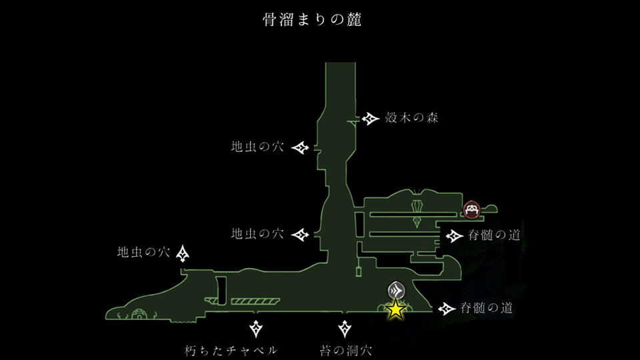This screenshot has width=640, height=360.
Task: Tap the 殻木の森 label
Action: pyautogui.click(x=411, y=119)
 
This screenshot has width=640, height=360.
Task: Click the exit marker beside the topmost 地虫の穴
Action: pyautogui.click(x=303, y=147)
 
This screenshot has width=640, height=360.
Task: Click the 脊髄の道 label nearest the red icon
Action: pyautogui.click(x=494, y=235)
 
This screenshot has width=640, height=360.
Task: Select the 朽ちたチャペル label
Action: pyautogui.click(x=231, y=350)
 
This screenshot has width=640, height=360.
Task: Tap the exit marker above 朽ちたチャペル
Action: pyautogui.click(x=256, y=328)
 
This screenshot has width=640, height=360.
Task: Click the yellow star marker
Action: pyautogui.click(x=396, y=309)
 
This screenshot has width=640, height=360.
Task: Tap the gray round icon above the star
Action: pyautogui.click(x=396, y=291)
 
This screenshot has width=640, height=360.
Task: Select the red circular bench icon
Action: pyautogui.click(x=472, y=211)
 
